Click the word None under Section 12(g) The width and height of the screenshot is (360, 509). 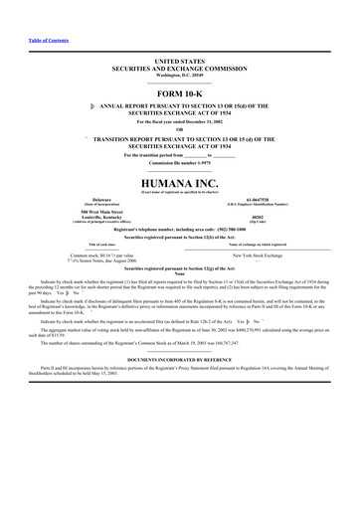point(179,274)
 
